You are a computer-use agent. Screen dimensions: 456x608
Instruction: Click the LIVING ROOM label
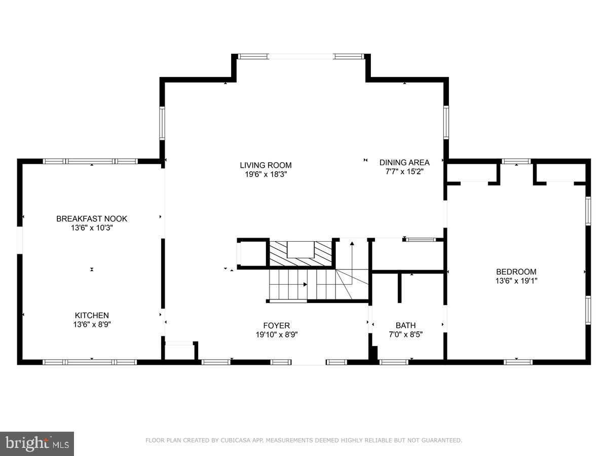pos(265,165)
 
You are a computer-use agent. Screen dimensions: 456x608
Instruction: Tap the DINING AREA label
pos(404,163)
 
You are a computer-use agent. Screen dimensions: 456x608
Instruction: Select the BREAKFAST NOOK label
pos(92,219)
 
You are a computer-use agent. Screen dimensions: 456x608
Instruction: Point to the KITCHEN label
pos(92,315)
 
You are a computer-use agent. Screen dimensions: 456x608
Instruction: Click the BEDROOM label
pos(516,272)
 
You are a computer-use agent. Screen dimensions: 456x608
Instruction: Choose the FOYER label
pos(276,325)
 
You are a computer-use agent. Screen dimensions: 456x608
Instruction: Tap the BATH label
pos(405,325)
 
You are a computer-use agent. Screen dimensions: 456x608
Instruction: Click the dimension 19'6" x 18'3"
pos(265,174)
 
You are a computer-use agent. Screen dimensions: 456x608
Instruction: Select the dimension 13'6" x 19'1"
pos(516,280)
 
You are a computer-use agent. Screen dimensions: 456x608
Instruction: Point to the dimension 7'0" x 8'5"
pos(405,334)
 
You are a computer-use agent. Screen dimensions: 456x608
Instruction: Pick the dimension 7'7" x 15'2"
pos(404,172)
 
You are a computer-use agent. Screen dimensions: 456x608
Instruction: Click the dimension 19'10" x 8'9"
pos(276,334)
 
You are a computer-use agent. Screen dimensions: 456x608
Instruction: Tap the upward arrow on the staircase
pos(352,245)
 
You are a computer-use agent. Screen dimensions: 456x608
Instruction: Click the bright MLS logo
pos(37,444)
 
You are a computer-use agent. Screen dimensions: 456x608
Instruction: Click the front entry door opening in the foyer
pos(309,362)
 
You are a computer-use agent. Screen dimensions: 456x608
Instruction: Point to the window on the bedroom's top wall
pos(516,162)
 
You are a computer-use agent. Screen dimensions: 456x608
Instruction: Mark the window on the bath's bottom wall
pos(394,362)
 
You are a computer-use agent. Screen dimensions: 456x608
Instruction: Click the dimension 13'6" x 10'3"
pos(92,228)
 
